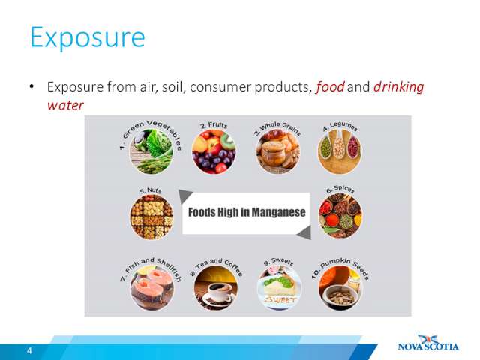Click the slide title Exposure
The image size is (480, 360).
[88, 38]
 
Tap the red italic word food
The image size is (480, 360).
[330, 87]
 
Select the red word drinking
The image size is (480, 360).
[398, 87]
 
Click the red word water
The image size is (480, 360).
[65, 105]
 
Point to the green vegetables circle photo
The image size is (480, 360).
[151, 151]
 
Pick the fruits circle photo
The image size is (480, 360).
[214, 151]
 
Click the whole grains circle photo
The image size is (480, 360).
[278, 151]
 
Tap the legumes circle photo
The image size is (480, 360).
[340, 151]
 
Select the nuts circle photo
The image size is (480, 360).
[151, 217]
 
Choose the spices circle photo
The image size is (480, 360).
[340, 215]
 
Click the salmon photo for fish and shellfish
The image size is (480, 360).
[152, 287]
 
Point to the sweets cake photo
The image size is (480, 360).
[279, 287]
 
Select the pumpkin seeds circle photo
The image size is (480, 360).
[340, 287]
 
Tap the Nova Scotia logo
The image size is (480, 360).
[428, 343]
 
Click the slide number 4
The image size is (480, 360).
[29, 350]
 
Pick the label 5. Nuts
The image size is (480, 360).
[150, 190]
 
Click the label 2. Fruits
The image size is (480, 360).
[214, 125]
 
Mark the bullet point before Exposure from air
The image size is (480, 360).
[31, 87]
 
